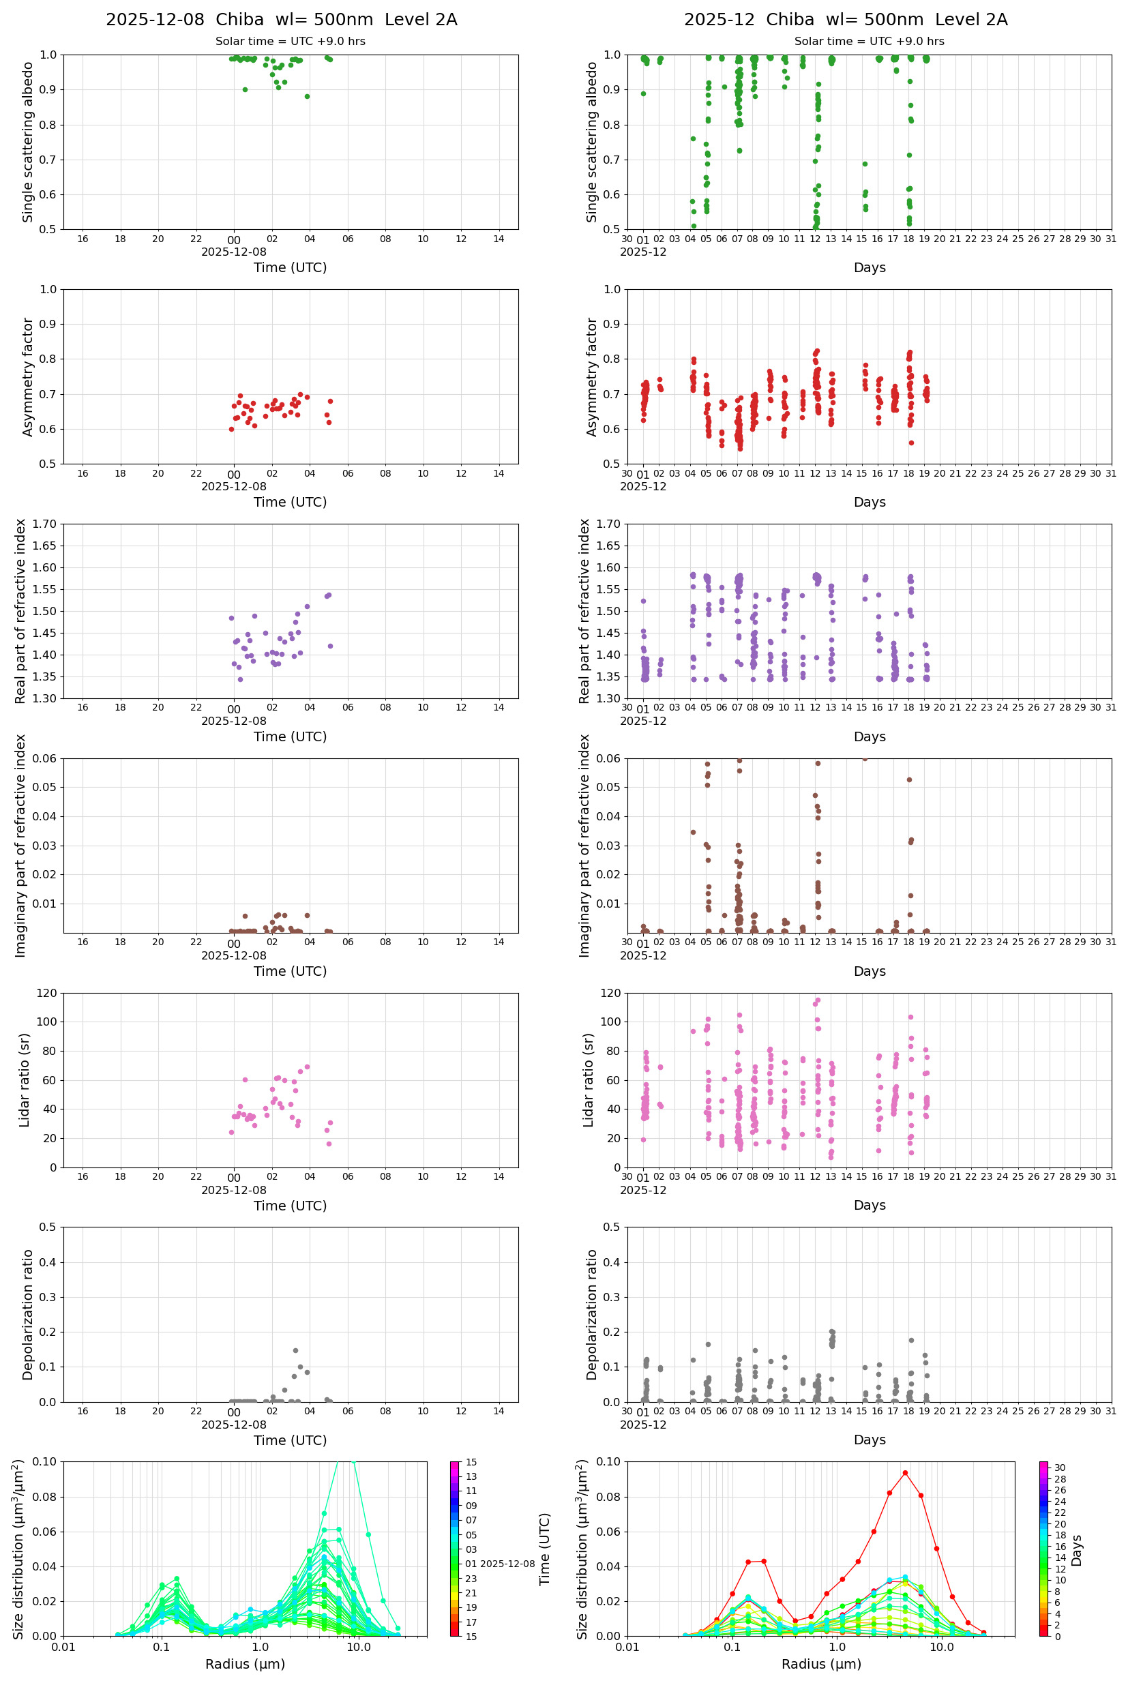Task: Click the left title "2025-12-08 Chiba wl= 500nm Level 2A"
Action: coord(281,19)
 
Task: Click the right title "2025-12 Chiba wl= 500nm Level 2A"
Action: coord(845,19)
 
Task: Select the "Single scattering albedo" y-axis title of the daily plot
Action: coord(28,142)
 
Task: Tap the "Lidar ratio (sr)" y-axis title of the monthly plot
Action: coord(589,1080)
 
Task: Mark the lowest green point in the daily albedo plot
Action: coord(307,96)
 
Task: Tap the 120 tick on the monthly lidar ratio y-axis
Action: coord(611,994)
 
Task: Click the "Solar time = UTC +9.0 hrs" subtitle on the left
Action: coord(290,42)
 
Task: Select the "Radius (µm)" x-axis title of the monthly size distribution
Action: coord(821,1664)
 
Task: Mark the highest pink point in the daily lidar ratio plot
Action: coord(307,1067)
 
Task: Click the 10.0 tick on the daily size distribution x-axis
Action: coord(358,1647)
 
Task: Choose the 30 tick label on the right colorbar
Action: coord(1060,1468)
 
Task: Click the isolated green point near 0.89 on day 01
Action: coord(643,93)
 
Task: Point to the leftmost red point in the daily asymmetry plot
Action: coord(232,430)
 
